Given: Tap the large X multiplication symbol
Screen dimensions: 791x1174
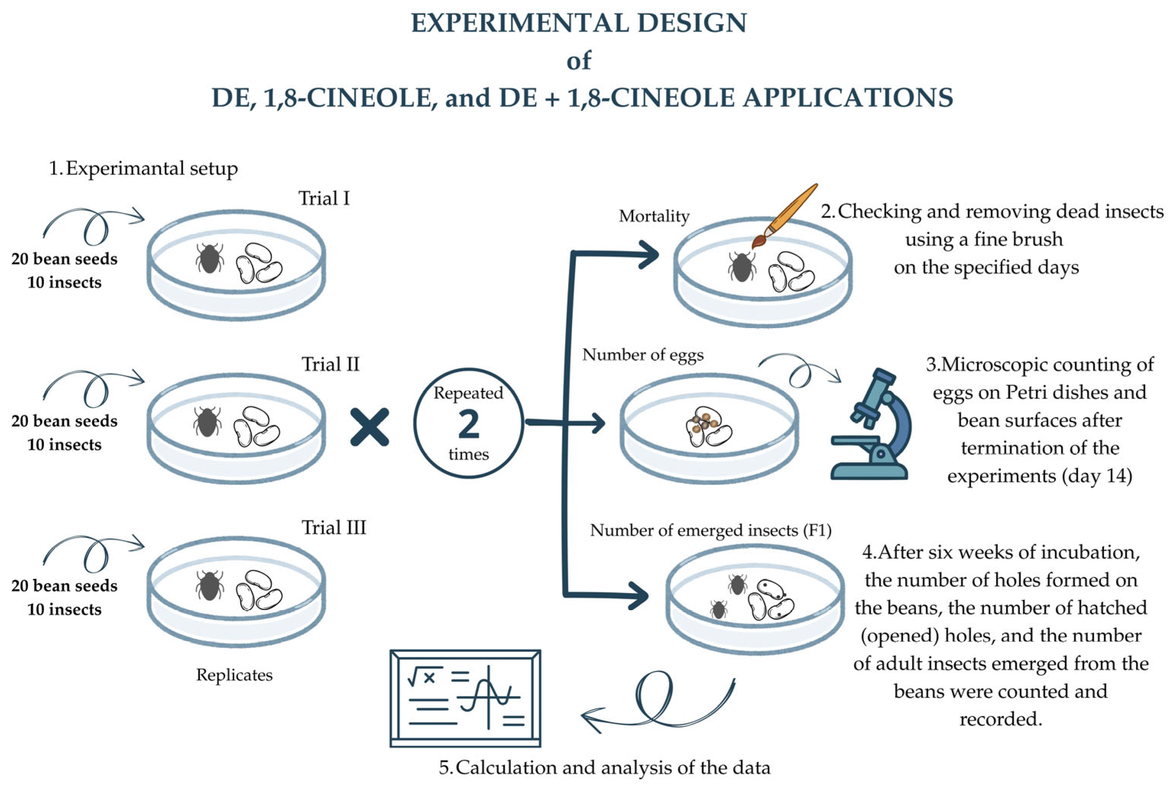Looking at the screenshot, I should coord(370,427).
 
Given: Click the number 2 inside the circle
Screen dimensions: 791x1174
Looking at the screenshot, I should coord(468,424).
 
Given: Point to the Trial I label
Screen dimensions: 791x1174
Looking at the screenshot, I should coord(324,198).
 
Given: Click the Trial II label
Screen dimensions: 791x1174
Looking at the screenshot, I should coord(330,364).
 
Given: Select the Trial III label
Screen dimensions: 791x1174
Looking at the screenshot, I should coord(334,528).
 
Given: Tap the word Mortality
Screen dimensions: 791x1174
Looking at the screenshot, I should coord(654,216).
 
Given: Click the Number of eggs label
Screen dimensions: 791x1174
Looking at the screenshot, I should coord(643,355).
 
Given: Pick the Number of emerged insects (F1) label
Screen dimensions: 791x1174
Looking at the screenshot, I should coord(711,530).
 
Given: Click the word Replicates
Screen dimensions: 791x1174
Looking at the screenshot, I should coord(234,675).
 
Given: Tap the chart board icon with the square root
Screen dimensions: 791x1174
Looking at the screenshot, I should coord(465,698).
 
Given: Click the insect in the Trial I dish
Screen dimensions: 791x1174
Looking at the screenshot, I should coord(209,258).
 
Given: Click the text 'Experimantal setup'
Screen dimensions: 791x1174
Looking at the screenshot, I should coord(151,169).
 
